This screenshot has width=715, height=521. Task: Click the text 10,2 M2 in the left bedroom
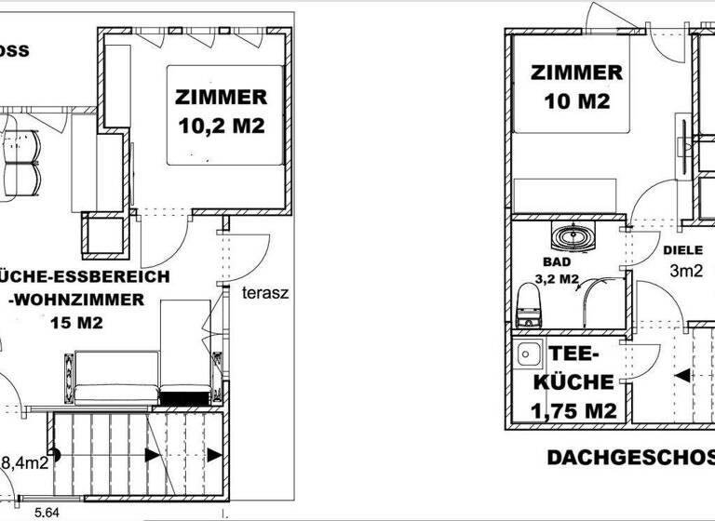pos(221,125)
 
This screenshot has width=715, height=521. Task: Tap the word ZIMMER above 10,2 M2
pos(221,97)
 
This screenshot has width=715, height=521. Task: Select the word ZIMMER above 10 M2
pos(576,73)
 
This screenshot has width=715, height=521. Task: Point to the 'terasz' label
pos(266,292)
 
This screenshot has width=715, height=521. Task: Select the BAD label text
pos(555,263)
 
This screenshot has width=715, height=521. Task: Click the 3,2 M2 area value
pos(558,278)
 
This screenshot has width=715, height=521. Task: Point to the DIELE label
pos(682,250)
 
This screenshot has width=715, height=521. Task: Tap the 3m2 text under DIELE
pos(686,272)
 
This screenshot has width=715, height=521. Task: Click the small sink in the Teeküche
pos(530,354)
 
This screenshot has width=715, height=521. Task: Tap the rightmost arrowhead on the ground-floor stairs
pos(215,455)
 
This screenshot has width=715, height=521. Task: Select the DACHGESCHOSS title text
pos(629,457)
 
